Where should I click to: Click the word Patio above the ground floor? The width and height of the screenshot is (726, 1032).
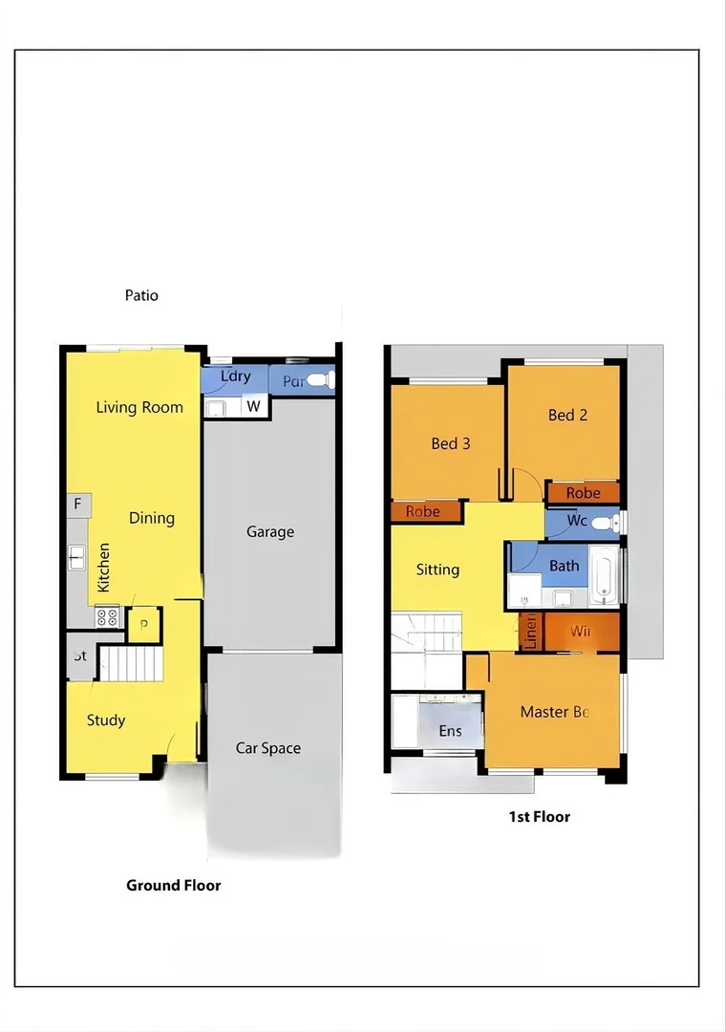tap(141, 295)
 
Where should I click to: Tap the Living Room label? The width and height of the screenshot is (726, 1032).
tap(139, 407)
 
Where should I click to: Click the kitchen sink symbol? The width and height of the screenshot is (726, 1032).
tap(76, 557)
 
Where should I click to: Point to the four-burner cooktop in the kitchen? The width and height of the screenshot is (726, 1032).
tap(106, 617)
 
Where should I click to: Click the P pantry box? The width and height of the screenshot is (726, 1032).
tap(144, 625)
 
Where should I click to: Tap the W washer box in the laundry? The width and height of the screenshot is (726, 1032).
tap(253, 406)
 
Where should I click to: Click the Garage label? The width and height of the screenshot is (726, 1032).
tap(270, 531)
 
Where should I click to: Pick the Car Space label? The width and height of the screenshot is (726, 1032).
tap(268, 748)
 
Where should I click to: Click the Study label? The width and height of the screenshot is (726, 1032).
tap(106, 720)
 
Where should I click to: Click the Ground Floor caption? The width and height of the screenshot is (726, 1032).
tap(174, 885)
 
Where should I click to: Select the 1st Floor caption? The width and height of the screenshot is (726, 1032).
tap(539, 816)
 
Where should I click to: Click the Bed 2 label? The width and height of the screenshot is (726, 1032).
tap(567, 415)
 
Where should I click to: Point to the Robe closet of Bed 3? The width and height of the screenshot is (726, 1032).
tap(423, 512)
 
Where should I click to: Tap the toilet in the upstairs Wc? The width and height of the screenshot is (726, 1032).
tap(606, 523)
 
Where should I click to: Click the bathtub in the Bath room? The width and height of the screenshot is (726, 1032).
tap(604, 576)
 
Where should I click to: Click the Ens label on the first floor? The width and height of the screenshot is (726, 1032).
tap(450, 731)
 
